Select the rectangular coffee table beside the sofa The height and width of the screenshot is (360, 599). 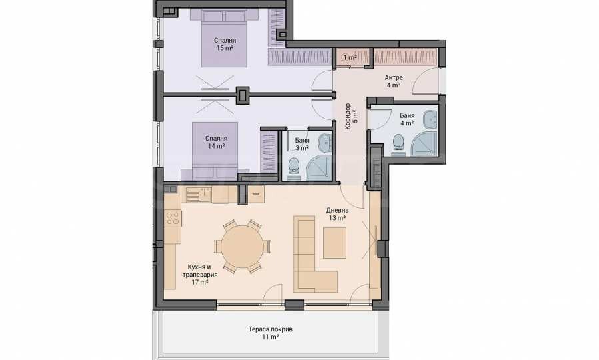(334, 243)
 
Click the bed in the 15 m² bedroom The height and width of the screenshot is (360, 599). (225, 38)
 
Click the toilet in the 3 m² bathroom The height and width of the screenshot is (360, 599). (294, 168)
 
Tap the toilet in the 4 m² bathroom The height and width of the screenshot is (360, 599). (398, 144)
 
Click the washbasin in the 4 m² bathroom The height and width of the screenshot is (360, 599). (430, 119)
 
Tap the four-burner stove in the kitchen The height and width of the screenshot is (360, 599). (173, 218)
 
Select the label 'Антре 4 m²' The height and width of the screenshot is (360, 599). (394, 81)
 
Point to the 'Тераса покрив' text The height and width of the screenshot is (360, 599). (270, 329)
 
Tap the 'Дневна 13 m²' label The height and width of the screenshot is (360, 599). (337, 214)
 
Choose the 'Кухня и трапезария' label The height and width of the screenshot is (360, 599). (200, 271)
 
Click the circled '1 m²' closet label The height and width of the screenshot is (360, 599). (350, 58)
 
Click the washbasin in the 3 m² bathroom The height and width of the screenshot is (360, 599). (326, 143)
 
